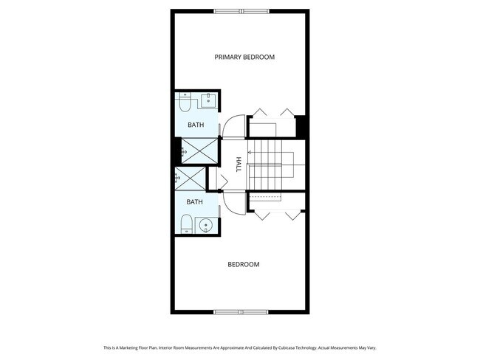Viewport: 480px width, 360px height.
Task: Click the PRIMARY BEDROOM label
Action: tap(244, 57)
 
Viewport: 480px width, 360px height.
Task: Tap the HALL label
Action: tap(239, 164)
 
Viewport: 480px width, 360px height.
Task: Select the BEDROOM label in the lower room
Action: tap(243, 264)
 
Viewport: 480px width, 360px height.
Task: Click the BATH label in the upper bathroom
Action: tap(195, 125)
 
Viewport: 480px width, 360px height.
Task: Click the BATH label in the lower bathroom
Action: tap(194, 201)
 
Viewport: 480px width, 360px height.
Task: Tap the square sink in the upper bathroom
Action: tap(208, 101)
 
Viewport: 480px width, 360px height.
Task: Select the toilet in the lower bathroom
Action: tap(185, 223)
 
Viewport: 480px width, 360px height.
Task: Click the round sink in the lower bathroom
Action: tap(206, 224)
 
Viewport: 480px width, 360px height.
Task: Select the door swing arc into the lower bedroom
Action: tap(232, 202)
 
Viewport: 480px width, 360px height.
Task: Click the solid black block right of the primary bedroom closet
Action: tap(301, 126)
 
